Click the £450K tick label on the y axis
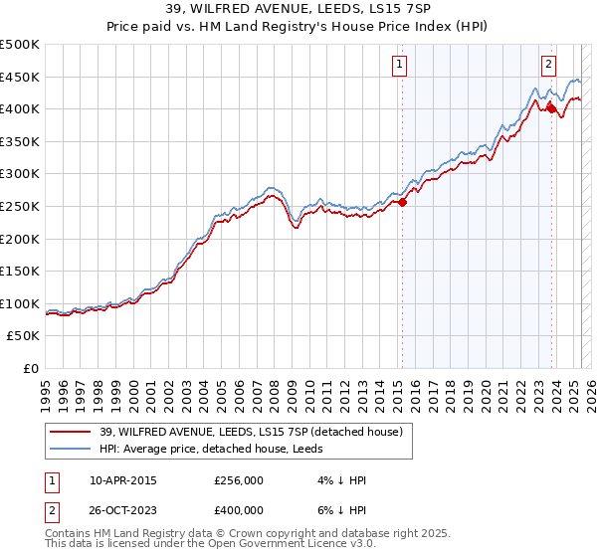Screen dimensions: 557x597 pos(20,77)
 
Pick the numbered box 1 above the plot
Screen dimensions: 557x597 pos(399,66)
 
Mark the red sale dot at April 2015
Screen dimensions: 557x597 pos(402,203)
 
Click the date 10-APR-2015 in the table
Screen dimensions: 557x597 pos(122,481)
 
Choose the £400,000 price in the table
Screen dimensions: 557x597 pos(239,509)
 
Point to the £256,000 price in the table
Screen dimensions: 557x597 pos(239,481)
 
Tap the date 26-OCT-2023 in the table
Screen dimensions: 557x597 pos(123,509)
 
